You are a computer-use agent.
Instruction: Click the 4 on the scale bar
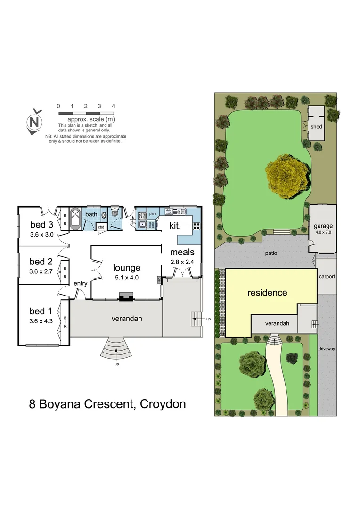pos(113,107)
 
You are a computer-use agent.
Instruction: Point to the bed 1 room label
pos(41,311)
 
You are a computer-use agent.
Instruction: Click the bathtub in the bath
pos(76,219)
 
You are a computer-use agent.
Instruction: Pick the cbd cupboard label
pos(101,227)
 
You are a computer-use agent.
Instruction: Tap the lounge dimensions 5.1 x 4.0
pos(126,278)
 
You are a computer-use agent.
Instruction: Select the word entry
pos(81,283)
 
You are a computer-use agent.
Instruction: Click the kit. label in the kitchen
pos(175,226)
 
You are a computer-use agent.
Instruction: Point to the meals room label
pos(182,253)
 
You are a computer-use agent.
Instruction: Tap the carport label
pos(327,276)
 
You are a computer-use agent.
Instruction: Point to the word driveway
pos(327,349)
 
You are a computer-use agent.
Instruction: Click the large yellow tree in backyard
pos(288,176)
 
